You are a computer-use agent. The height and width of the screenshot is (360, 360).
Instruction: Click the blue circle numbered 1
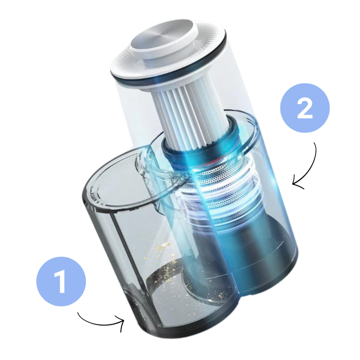(x=61, y=281)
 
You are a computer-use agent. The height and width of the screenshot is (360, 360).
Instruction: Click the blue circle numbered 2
(x=305, y=108)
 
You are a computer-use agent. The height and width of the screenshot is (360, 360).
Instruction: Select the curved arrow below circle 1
(x=101, y=324)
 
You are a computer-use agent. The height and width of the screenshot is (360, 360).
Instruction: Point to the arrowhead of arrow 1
(x=121, y=323)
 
